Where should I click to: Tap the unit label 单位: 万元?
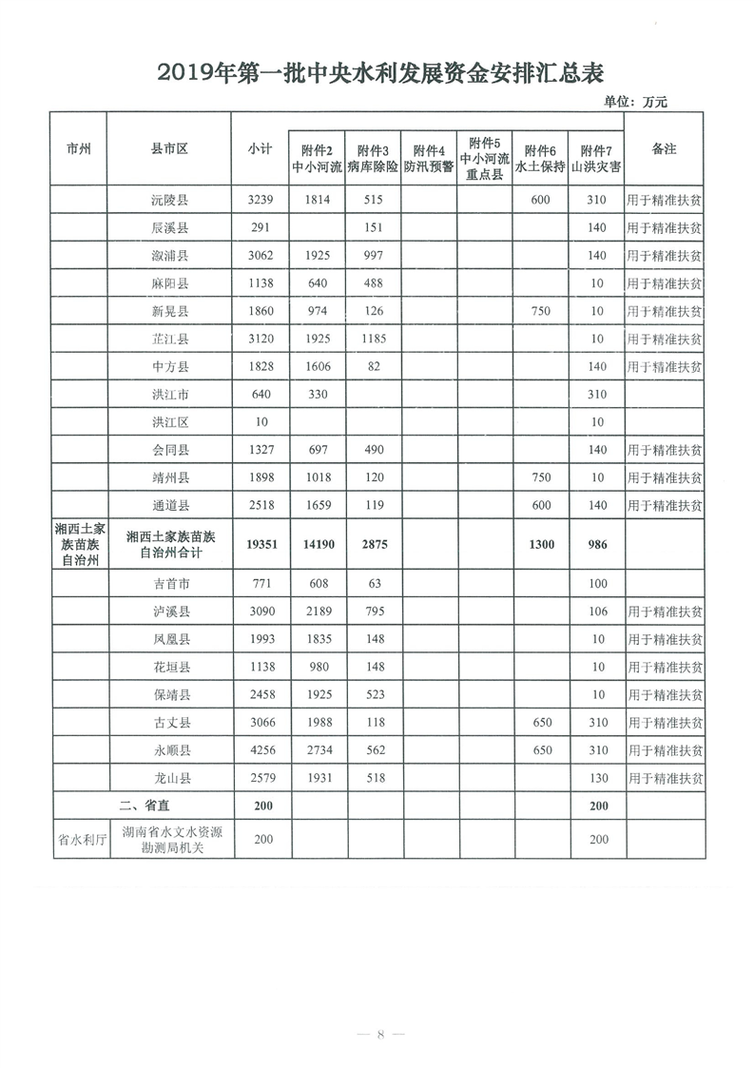click(x=636, y=103)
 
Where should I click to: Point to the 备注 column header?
click(x=664, y=149)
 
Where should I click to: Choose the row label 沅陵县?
click(x=169, y=201)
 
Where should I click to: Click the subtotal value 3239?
click(x=260, y=201)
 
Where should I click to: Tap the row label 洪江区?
click(x=169, y=421)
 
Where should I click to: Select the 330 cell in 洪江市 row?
click(x=317, y=394)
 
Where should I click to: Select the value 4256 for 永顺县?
click(x=260, y=750)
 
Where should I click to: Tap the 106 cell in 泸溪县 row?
click(x=597, y=612)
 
